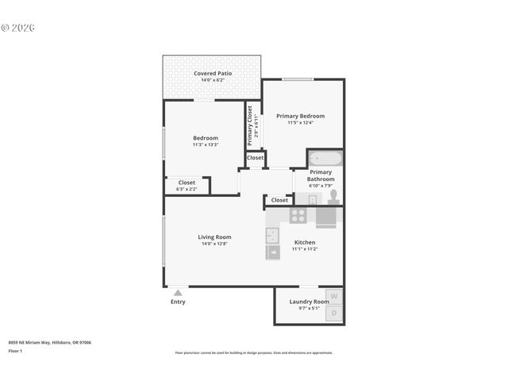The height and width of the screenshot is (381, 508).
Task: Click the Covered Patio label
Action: [214, 74]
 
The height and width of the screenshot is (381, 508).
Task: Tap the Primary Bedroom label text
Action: [300, 116]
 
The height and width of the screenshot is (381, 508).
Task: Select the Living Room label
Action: [214, 237]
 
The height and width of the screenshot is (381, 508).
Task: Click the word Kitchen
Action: [305, 242]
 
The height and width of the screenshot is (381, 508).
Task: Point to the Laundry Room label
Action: [309, 302]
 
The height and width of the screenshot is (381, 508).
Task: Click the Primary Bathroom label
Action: [321, 175]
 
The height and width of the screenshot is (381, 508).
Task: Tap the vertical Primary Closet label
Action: [250, 125]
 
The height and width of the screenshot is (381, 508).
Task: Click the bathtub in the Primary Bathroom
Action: [325, 158]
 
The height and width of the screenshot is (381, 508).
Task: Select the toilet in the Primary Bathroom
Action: [333, 196]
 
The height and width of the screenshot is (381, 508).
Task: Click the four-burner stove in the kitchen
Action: [298, 214]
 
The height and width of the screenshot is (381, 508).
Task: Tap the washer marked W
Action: [335, 297]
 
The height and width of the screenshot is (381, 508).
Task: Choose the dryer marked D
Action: [335, 314]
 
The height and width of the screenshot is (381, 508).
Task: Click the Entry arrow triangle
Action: [178, 293]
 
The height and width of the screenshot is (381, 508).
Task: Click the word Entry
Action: [178, 302]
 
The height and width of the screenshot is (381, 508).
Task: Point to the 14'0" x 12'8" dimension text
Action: [214, 244]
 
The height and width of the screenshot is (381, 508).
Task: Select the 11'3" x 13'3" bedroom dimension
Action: [205, 144]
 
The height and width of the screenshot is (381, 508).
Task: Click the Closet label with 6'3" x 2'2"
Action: [187, 183]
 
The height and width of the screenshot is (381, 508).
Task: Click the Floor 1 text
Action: [15, 351]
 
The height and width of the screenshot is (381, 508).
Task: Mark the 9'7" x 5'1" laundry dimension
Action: [309, 309]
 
